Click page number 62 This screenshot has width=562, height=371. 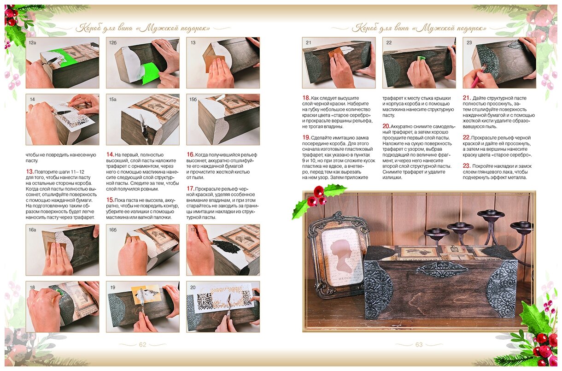tap(142, 344)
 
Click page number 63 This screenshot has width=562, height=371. tap(419, 344)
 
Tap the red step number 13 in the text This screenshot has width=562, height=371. tap(29, 171)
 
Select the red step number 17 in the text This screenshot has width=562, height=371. tap(190, 188)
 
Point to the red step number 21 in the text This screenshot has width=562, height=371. tap(467, 98)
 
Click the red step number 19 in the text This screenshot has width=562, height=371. tap(306, 137)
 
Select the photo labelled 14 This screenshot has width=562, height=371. tap(63, 119)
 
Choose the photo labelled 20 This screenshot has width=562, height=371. tap(223, 307)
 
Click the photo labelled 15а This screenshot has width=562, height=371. tap(143, 119)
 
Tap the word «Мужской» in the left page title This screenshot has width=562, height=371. tap(156, 29)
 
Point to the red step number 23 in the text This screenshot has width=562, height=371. tap(467, 165)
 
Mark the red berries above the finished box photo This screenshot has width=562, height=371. tap(316, 196)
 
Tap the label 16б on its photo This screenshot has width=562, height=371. tap(113, 230)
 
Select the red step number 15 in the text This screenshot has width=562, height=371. tap(110, 200)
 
